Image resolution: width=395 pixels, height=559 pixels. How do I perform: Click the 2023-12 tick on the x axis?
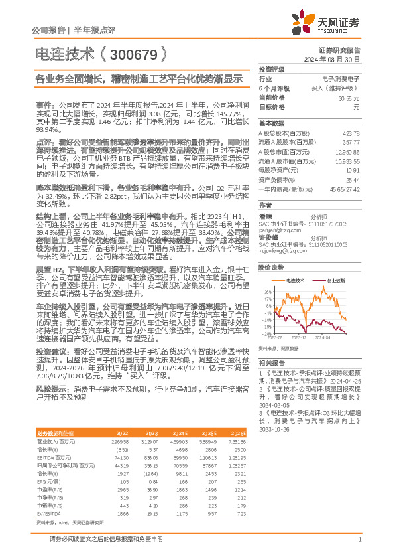[x=298, y=337]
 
